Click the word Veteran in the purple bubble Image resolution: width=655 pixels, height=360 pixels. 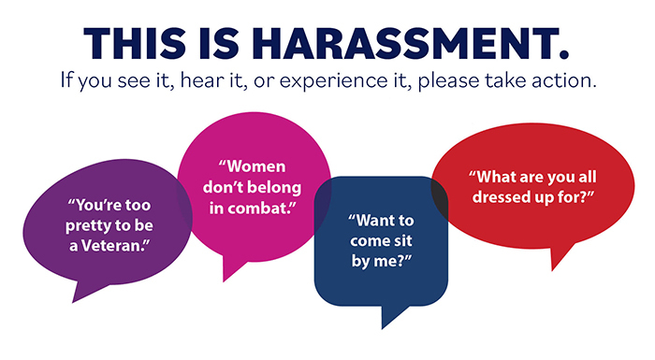tap(119, 245)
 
